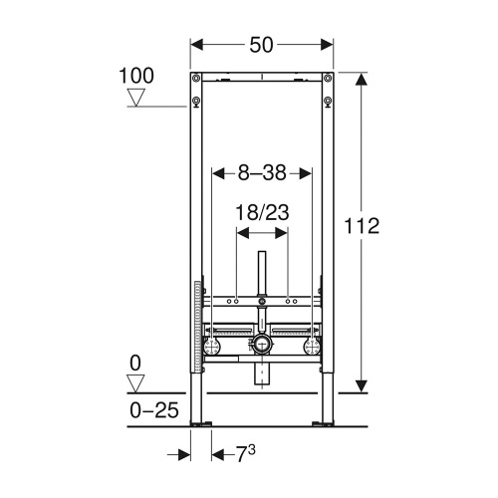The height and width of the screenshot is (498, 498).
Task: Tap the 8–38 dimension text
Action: [x=262, y=173]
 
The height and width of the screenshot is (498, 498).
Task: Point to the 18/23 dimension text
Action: [x=262, y=211]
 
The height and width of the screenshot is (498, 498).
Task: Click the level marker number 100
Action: [x=137, y=76]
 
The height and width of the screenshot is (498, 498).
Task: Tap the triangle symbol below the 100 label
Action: [x=137, y=97]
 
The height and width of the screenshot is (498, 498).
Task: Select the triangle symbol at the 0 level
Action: [x=137, y=380]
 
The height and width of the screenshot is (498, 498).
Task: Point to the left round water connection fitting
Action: [x=214, y=347]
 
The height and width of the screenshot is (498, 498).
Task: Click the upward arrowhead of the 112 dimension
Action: [x=360, y=80]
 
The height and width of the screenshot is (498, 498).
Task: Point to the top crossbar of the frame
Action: [x=262, y=76]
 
